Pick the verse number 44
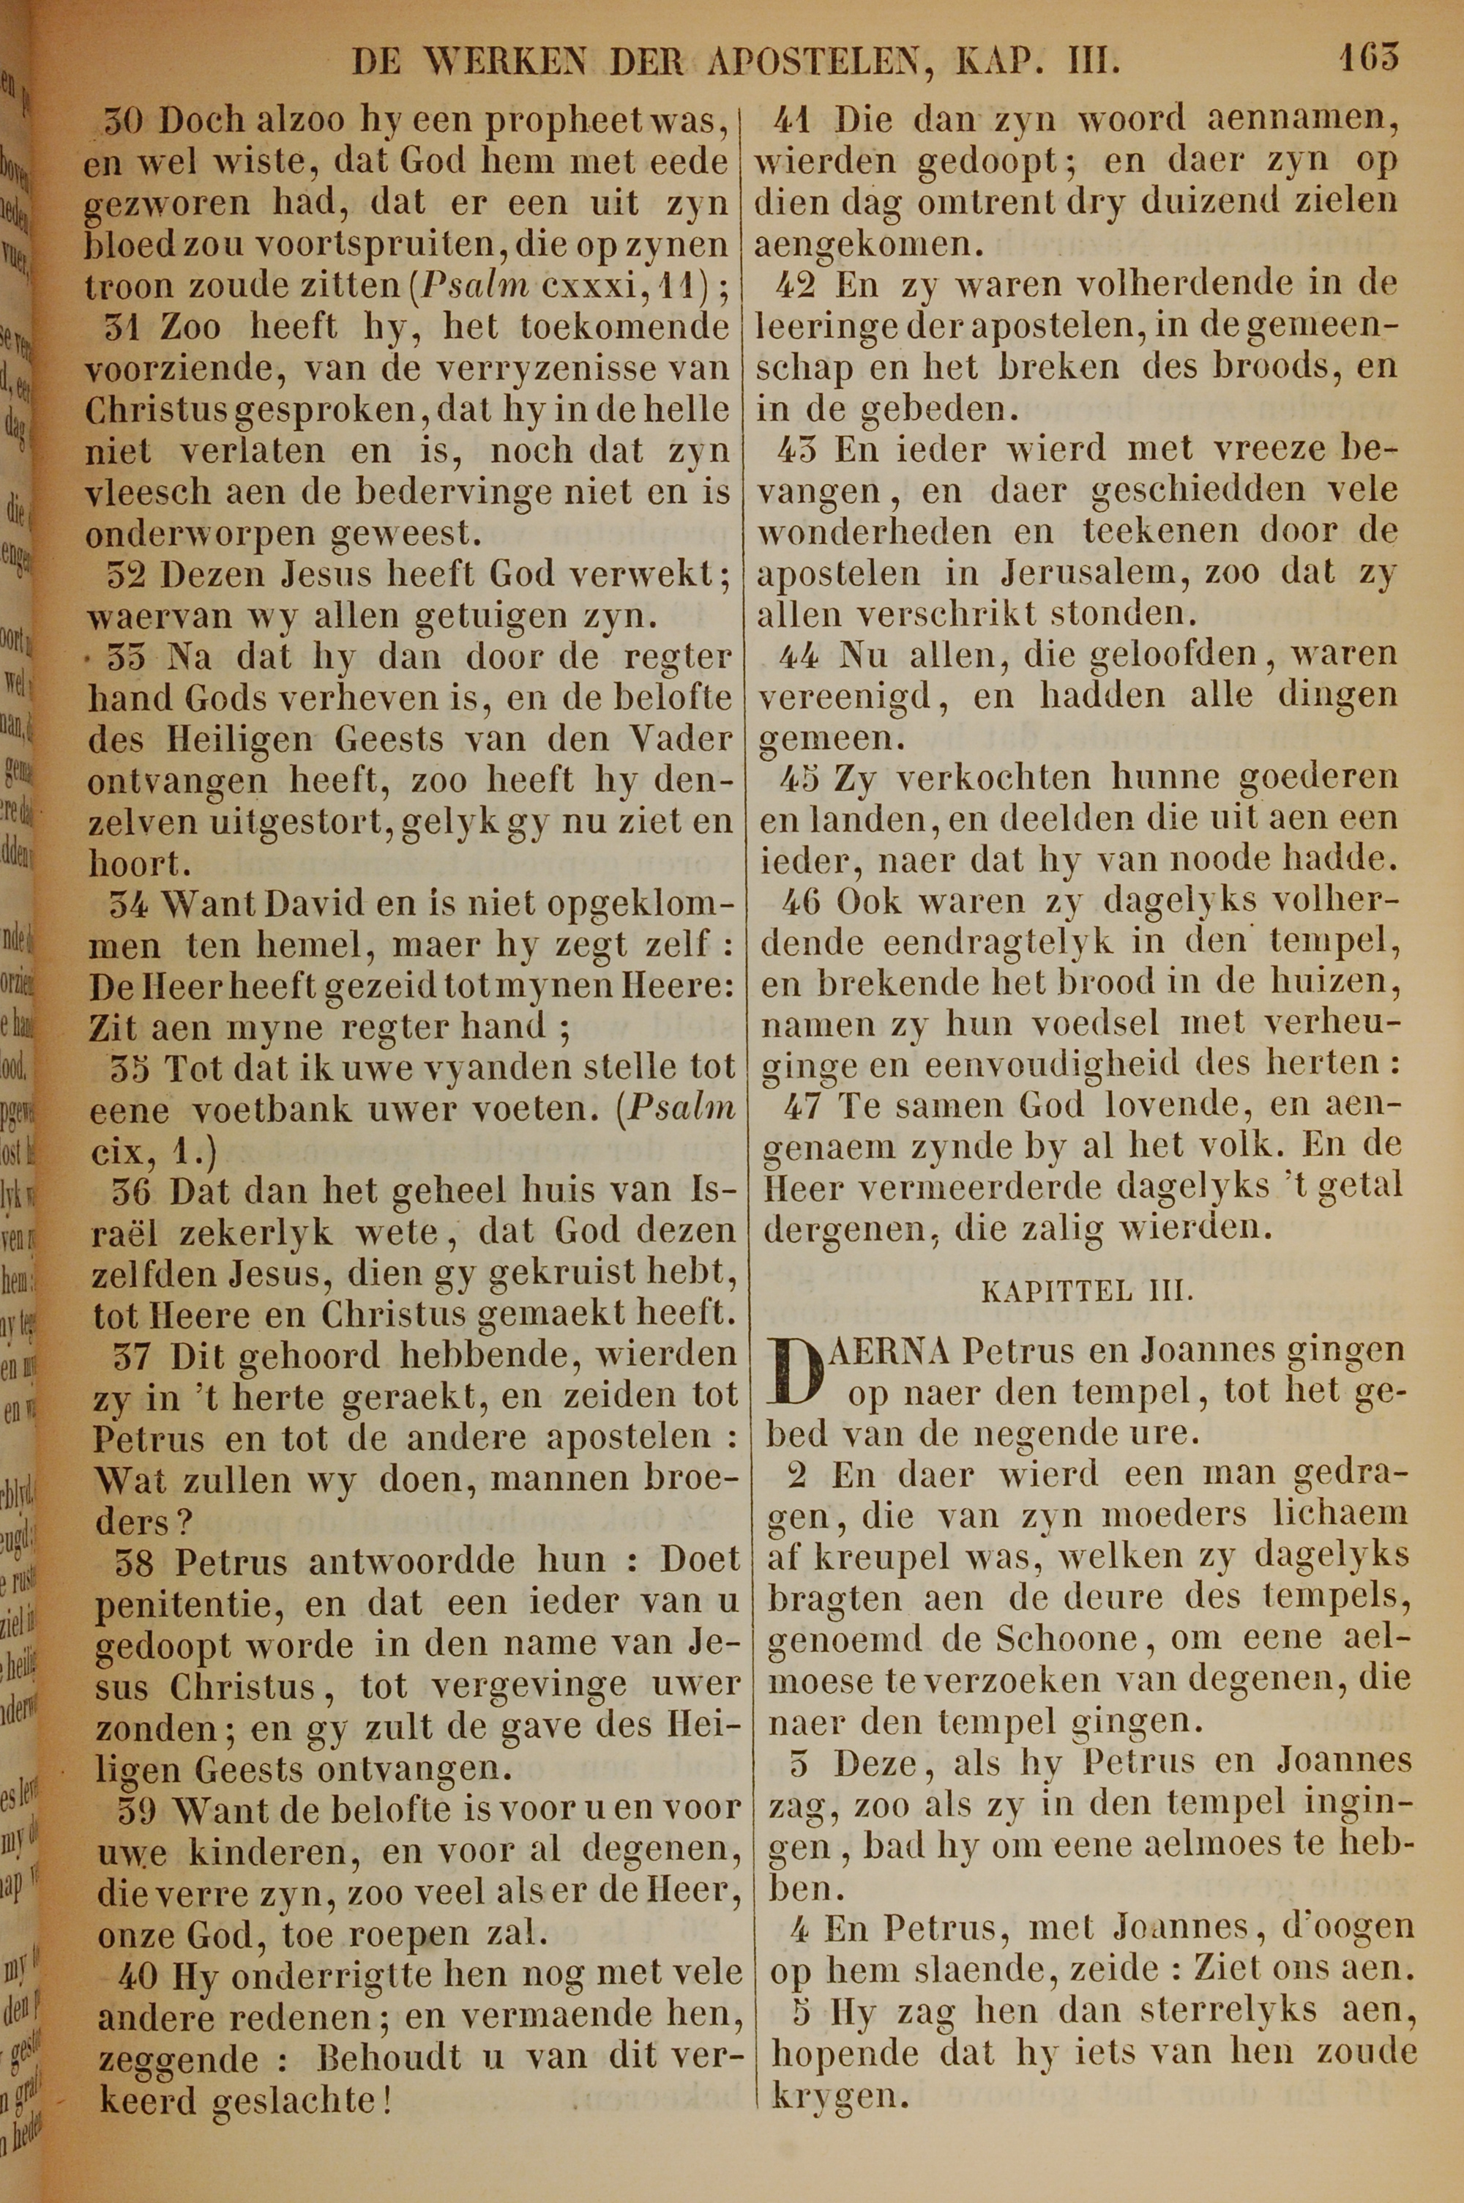click(799, 655)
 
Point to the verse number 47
click(801, 1106)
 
